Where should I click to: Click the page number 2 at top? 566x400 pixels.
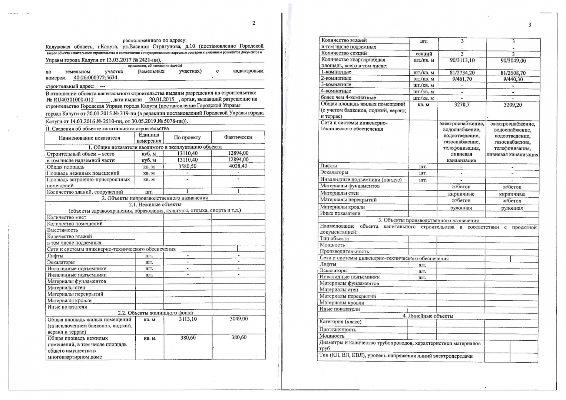tap(254, 23)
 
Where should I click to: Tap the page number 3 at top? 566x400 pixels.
tap(530, 25)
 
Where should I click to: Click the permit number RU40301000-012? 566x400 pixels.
tap(73, 100)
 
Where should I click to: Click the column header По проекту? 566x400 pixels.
tap(187, 137)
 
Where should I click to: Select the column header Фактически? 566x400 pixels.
tap(238, 137)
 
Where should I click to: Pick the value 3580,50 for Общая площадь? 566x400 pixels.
tap(187, 167)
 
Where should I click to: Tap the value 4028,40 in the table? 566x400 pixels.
tap(238, 166)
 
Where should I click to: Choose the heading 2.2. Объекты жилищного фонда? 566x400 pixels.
tap(155, 313)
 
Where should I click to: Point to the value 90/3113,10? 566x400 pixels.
tap(462, 60)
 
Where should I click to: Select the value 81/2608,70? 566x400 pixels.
tap(513, 73)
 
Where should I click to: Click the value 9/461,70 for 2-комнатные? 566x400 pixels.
tap(462, 79)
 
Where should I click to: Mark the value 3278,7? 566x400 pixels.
tap(462, 105)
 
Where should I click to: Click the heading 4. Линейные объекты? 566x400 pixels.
tap(428, 316)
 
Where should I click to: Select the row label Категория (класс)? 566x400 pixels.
tap(340, 322)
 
